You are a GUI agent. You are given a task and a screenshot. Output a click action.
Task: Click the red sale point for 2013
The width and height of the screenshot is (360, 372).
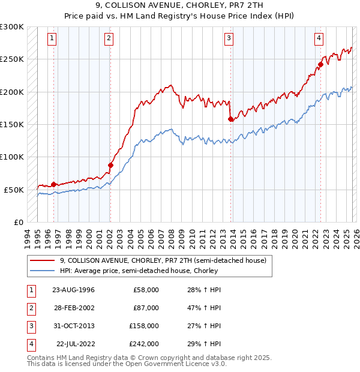pyautogui.click(x=231, y=119)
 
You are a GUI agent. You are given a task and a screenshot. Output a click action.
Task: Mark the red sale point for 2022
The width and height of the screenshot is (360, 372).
pyautogui.click(x=320, y=64)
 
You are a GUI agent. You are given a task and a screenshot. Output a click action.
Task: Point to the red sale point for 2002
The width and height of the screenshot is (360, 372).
pyautogui.click(x=110, y=165)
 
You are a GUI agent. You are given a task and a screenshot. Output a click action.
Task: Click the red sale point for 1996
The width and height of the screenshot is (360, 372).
pyautogui.click(x=54, y=184)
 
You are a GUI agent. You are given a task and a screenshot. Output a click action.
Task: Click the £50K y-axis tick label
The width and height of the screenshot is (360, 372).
pyautogui.click(x=14, y=190)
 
